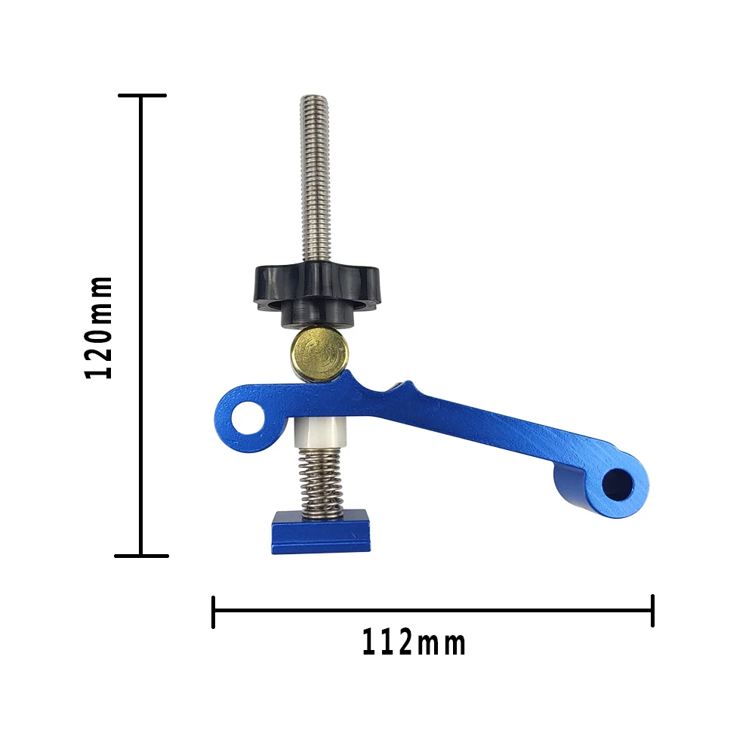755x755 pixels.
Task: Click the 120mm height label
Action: (98, 328)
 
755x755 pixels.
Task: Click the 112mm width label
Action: (414, 643)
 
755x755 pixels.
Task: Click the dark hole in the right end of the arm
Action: (618, 485)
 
